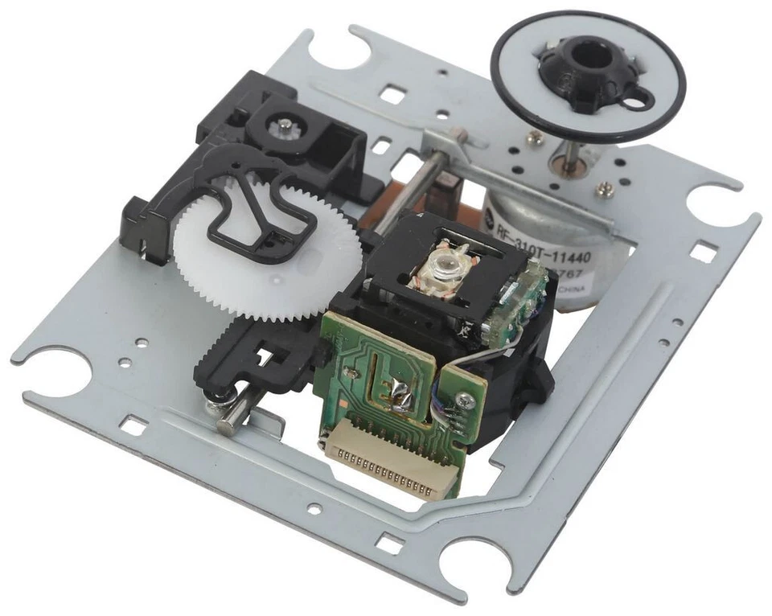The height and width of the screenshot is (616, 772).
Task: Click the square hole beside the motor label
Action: point(702,253)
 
